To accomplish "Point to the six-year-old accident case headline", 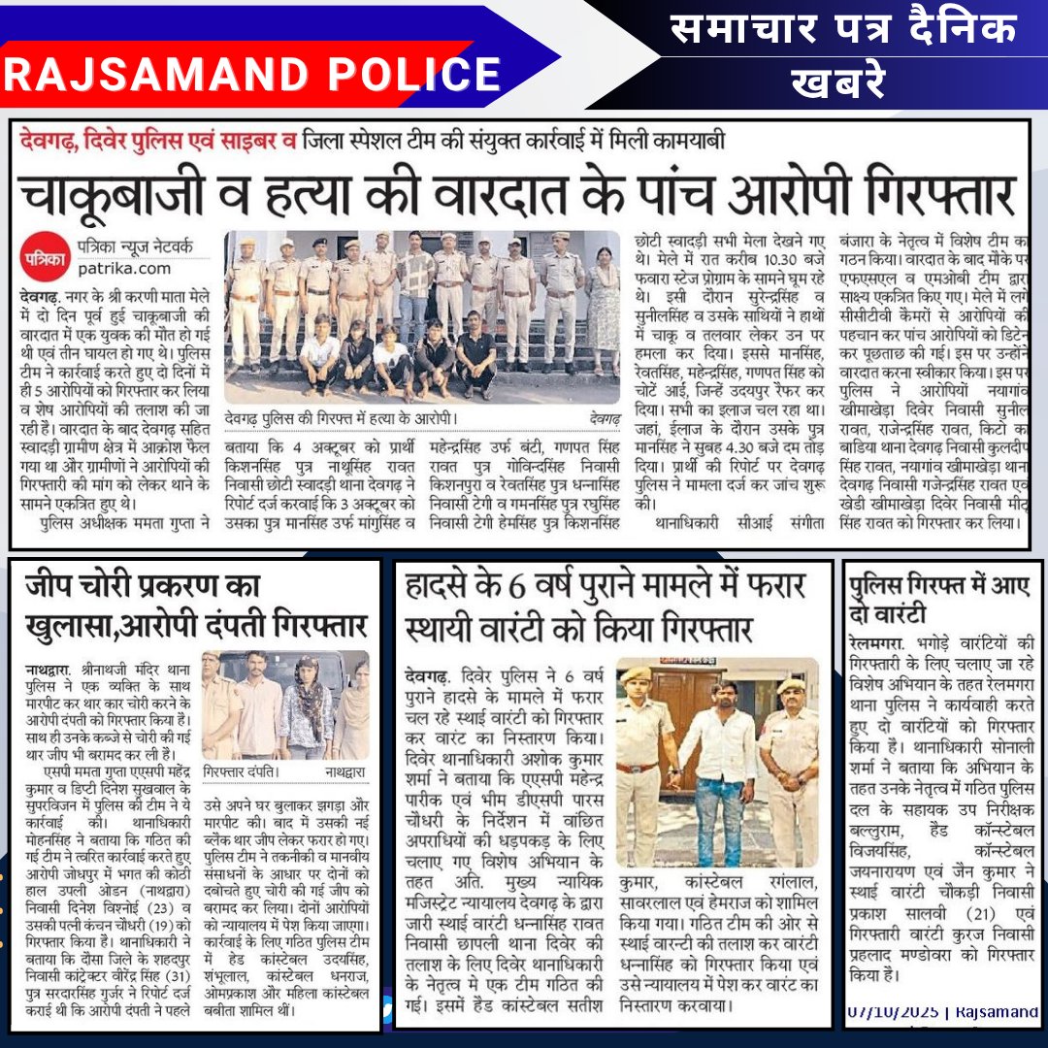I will [x=611, y=604].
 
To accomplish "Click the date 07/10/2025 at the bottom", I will [x=893, y=1012].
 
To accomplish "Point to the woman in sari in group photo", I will [x=603, y=301].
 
